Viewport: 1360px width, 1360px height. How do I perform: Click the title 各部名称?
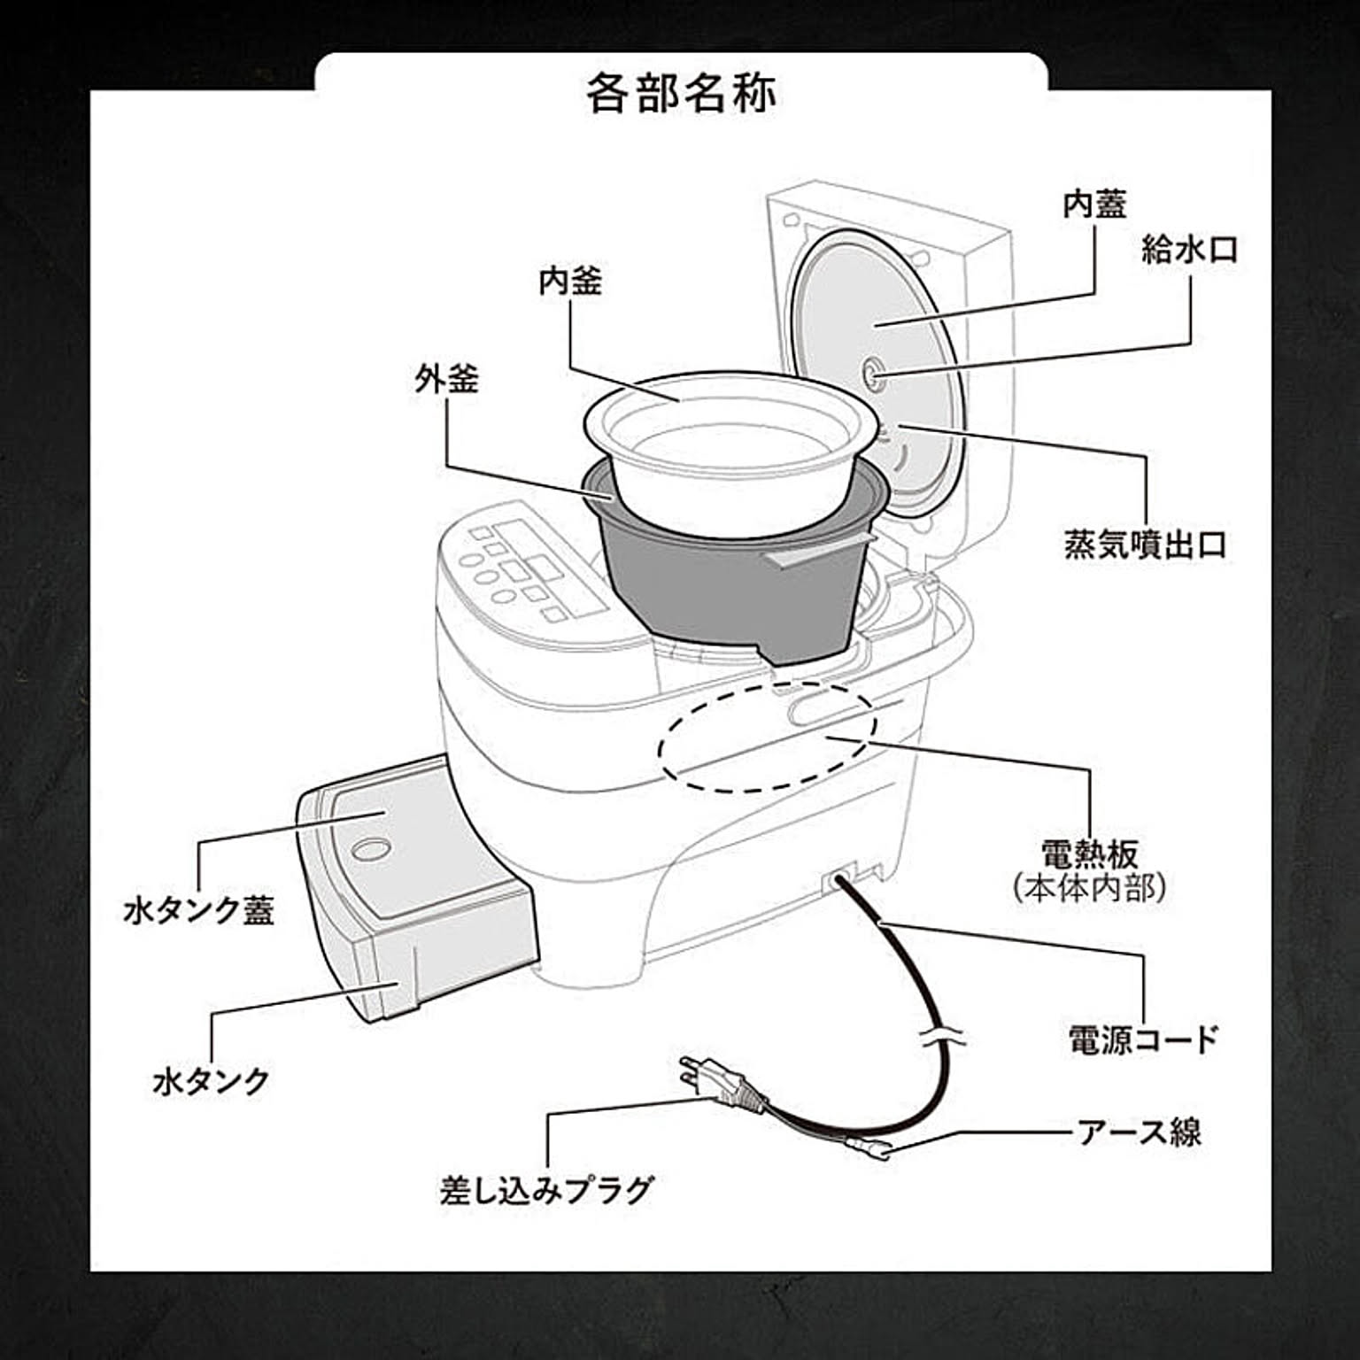coord(680,93)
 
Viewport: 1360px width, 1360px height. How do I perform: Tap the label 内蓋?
coord(1094,205)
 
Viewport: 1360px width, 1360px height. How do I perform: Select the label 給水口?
coord(1189,250)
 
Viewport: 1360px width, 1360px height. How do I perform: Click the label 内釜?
coord(570,282)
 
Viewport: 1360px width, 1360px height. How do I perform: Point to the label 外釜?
coord(447,379)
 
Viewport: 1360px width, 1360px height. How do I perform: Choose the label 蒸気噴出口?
coord(1145,545)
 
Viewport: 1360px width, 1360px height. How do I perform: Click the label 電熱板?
coord(1089,854)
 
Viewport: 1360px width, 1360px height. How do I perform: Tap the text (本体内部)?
coord(1089,888)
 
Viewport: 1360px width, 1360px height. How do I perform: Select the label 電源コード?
coord(1143,1039)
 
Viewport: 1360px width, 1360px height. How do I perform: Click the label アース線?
coord(1139,1132)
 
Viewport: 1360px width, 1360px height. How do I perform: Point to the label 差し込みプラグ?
coord(546,1189)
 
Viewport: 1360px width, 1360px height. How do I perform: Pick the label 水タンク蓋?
coord(199,910)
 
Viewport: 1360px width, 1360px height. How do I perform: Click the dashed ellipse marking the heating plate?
coord(767,734)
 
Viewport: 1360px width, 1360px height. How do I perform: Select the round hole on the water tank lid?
coord(369,848)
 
